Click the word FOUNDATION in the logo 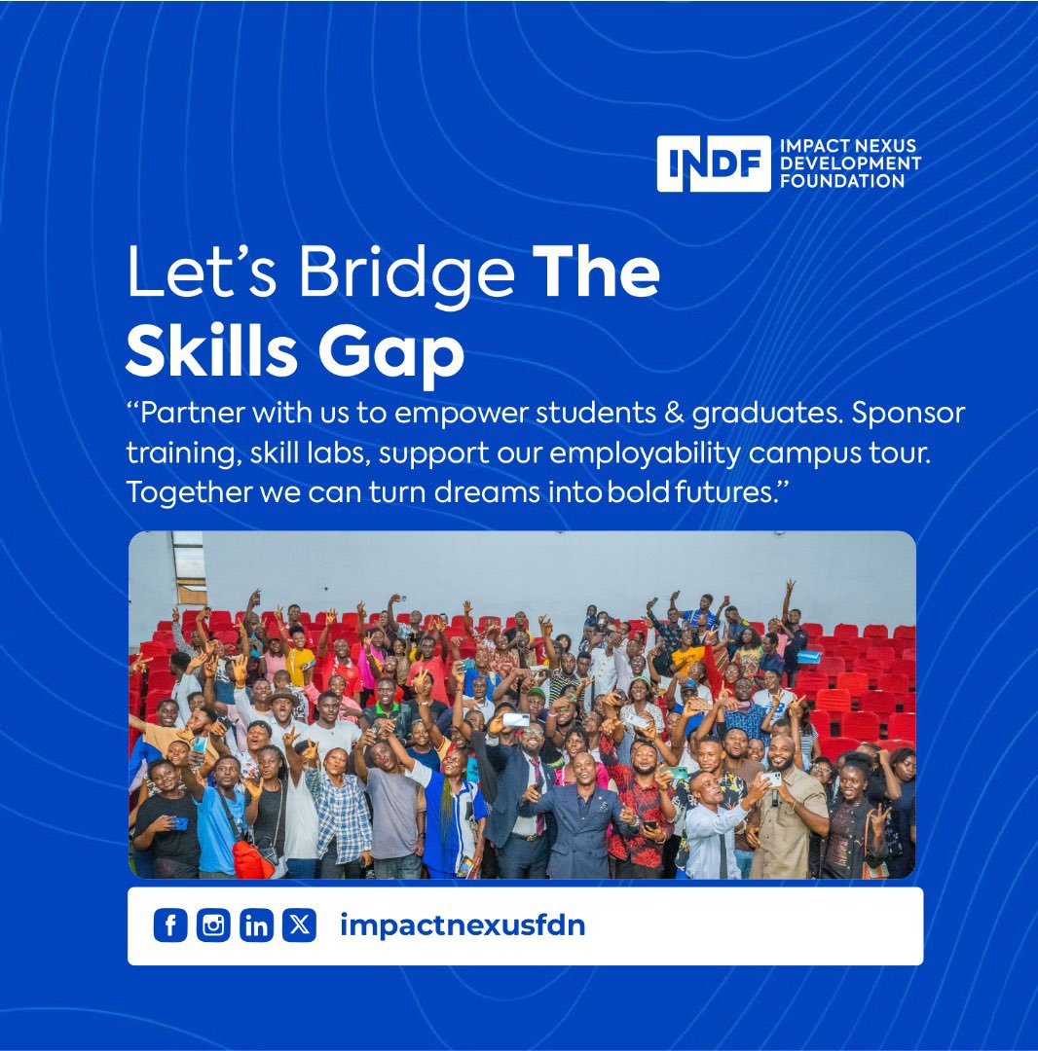[x=842, y=180]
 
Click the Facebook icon [x=169, y=925]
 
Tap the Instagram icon [x=212, y=925]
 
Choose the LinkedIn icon [x=256, y=925]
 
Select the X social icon [x=299, y=925]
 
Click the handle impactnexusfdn [x=463, y=925]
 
